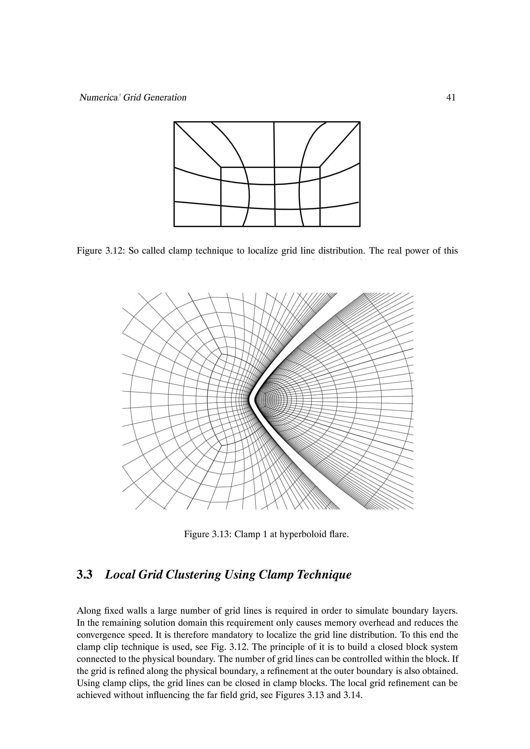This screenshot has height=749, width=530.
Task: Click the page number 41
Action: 450,97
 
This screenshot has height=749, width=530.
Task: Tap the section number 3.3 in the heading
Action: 84,575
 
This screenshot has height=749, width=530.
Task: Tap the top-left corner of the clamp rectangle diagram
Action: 174,122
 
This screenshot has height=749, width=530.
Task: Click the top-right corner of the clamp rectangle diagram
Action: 360,122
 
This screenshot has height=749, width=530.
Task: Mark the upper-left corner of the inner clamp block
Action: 221,167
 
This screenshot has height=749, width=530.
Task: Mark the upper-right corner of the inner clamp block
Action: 320,167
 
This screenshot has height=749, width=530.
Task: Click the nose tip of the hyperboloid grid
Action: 249,399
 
